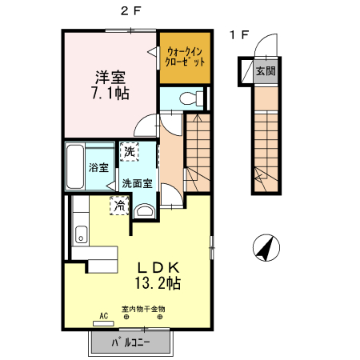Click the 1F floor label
[238, 34]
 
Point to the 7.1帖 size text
[111, 93]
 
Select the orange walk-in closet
[185, 56]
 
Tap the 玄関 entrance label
[265, 70]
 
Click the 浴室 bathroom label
[98, 168]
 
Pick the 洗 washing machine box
[129, 150]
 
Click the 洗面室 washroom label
[138, 182]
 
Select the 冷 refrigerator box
[119, 206]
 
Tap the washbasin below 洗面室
[146, 210]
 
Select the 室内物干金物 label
[143, 309]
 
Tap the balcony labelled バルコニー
[130, 343]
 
